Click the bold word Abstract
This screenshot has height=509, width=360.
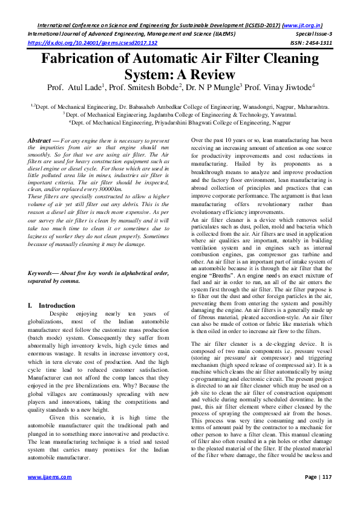pyautogui.click(x=39, y=140)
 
